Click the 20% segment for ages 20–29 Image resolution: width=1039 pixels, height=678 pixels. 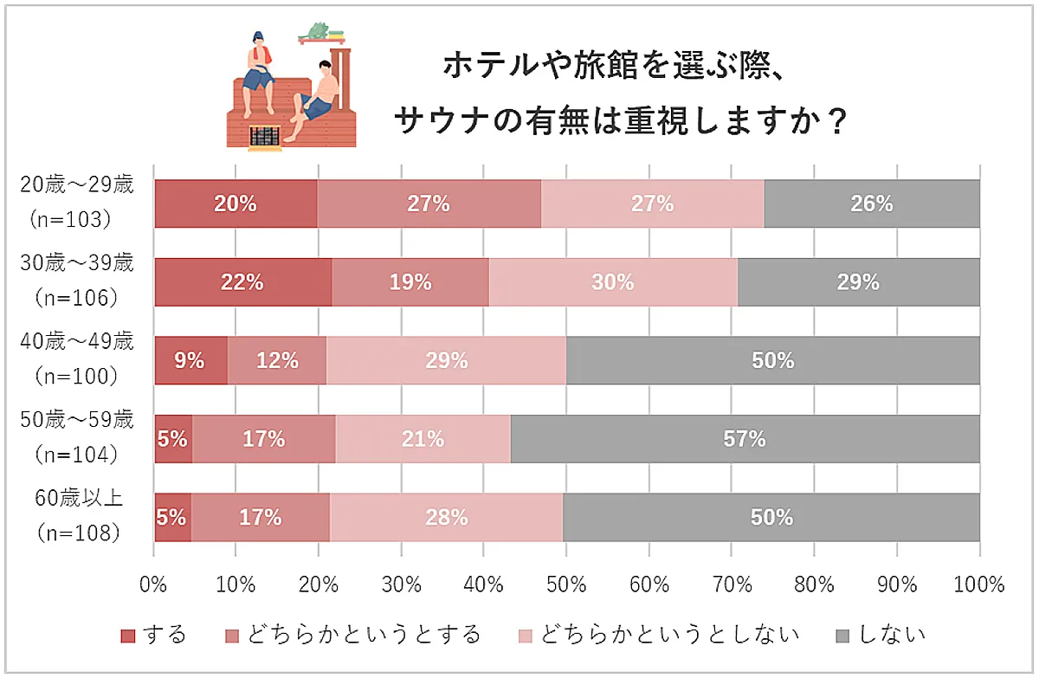(x=236, y=204)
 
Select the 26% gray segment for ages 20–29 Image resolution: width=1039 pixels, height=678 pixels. (x=871, y=204)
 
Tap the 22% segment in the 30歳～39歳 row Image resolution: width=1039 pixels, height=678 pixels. (x=242, y=282)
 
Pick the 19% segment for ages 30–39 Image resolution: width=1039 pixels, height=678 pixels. (x=410, y=282)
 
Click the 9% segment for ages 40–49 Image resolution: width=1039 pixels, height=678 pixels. (x=190, y=360)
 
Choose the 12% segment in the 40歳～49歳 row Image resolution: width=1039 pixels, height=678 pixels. (x=277, y=360)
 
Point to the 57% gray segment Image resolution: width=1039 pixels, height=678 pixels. (x=745, y=439)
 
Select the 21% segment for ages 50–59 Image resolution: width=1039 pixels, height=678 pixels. (x=423, y=439)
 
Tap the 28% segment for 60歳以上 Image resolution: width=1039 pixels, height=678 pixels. (x=446, y=517)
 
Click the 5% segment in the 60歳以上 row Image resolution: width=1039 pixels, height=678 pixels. (x=171, y=517)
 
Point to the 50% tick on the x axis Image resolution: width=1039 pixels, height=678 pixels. (x=565, y=584)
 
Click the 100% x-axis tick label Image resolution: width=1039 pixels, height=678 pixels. (x=978, y=584)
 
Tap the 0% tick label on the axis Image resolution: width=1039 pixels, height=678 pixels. (x=153, y=584)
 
